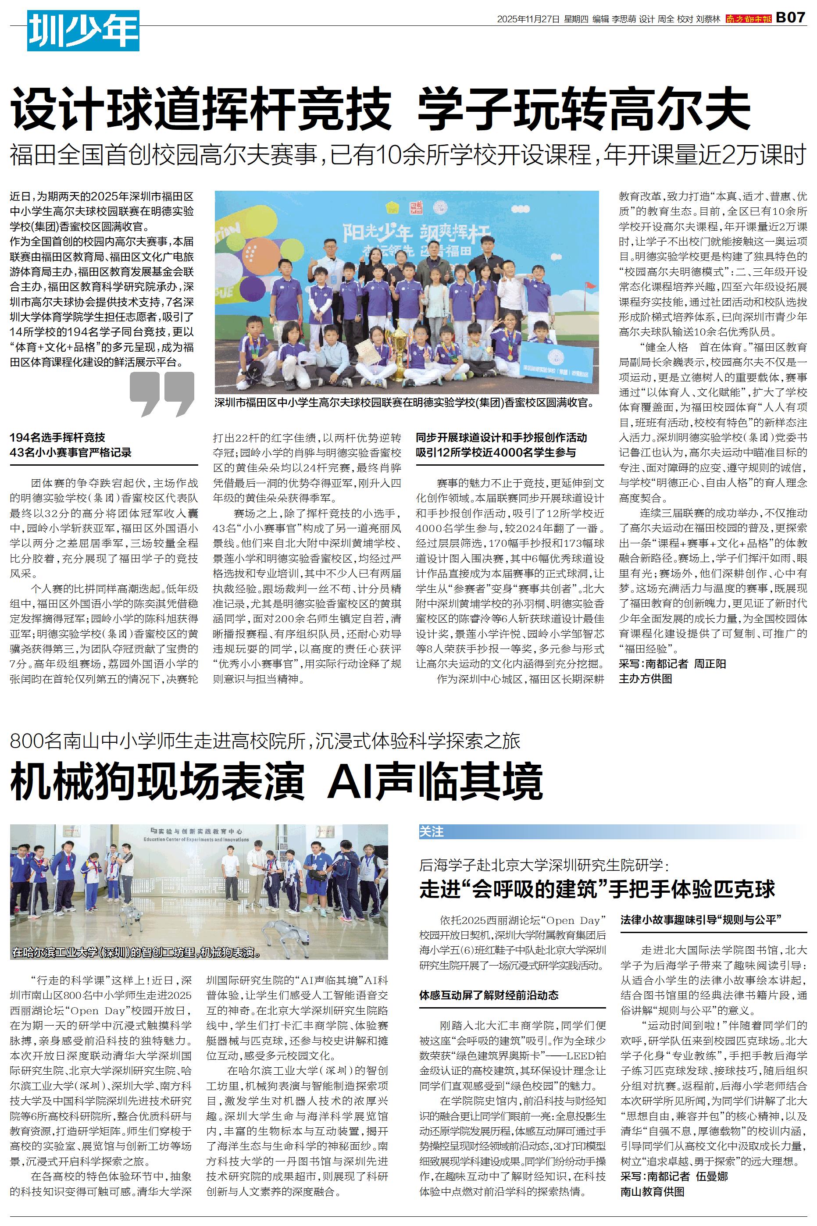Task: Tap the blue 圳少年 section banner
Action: coord(83,31)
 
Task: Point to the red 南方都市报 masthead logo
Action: coord(748,19)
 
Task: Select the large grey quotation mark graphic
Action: coord(161,394)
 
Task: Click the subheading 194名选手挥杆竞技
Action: coord(57,438)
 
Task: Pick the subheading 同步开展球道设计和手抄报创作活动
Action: coord(501,438)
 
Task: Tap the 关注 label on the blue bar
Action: coord(432,832)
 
